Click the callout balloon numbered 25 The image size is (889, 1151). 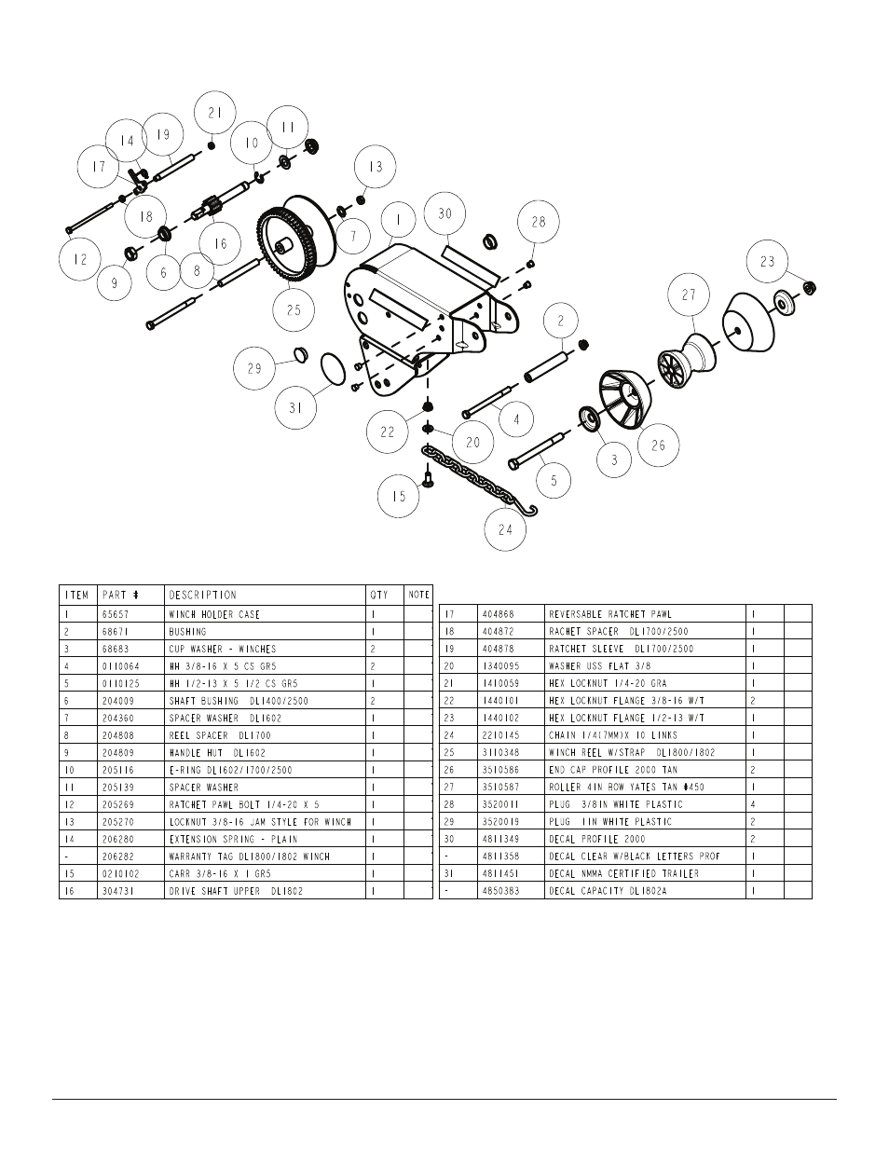294,309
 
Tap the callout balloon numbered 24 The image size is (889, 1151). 505,529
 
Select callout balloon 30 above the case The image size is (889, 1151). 444,213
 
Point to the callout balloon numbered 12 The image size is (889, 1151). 80,258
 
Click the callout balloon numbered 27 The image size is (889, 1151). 689,295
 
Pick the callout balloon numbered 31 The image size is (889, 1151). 295,407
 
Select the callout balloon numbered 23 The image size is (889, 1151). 767,262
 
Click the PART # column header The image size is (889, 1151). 120,595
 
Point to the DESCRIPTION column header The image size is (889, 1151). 203,595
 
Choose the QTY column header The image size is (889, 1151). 379,595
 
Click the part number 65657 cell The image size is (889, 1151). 116,614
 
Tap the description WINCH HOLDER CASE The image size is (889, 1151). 214,614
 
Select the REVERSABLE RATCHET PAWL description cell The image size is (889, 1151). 609,614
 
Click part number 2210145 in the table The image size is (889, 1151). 500,735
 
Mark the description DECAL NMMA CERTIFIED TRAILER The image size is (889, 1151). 623,873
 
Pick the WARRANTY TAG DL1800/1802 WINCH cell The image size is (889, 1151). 249,856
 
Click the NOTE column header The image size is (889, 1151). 418,595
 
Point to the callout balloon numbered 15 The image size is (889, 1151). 399,496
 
